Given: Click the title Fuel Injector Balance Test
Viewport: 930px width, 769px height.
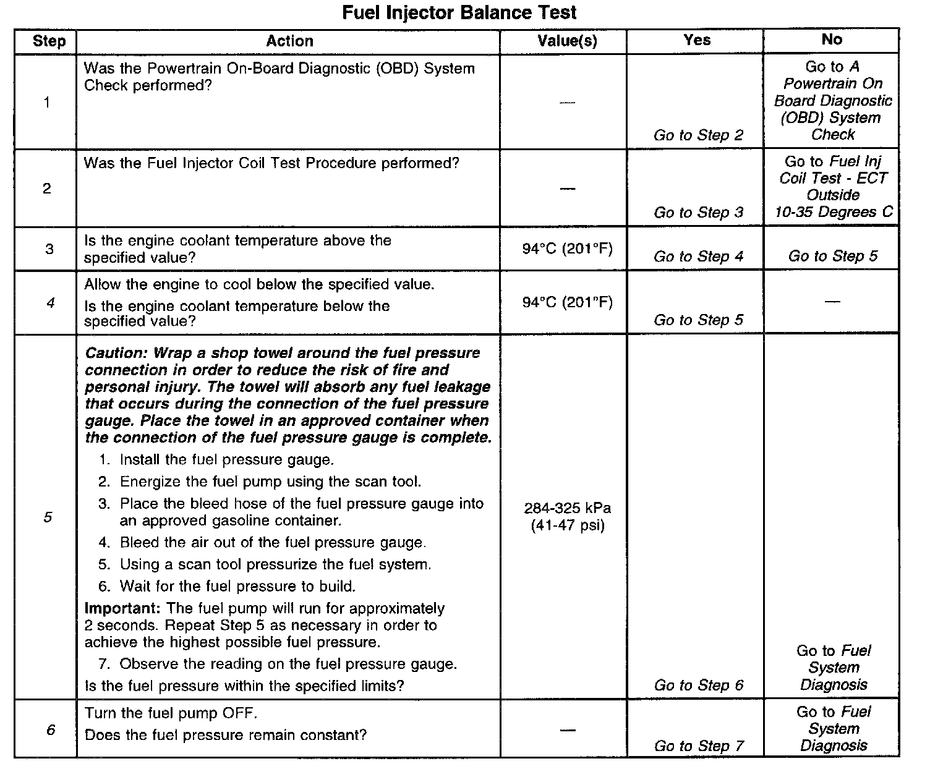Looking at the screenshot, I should coord(459,12).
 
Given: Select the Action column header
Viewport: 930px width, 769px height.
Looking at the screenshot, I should coord(289,41).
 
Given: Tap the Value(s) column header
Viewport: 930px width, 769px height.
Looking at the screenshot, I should coord(566,41).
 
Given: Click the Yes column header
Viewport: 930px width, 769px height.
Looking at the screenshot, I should coord(697,40).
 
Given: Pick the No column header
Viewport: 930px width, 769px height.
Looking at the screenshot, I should coord(832,40).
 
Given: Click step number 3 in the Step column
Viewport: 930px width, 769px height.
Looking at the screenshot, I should coord(49,249).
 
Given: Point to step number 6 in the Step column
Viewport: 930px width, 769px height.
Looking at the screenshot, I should coord(50,730).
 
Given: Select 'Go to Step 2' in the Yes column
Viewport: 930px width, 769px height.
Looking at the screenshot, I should coord(698,135).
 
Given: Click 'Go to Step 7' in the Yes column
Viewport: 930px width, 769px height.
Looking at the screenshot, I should coord(699,746).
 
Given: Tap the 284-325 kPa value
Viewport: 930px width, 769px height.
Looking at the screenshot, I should coord(567,508).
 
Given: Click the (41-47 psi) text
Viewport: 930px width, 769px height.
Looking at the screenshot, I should coord(567,525).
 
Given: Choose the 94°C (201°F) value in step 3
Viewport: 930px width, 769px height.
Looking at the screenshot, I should coord(567,249).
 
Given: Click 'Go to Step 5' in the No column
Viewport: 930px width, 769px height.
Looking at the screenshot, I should coord(832,256).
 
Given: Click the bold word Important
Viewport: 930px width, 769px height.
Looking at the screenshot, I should coord(123,608).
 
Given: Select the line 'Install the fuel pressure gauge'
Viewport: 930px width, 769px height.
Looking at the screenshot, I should coord(226,460).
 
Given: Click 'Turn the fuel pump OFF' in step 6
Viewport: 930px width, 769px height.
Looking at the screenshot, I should coord(171,713).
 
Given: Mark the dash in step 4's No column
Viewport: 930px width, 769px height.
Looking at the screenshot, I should coord(832,302).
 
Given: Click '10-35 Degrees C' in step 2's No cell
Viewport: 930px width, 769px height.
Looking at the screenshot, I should coord(834,212).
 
